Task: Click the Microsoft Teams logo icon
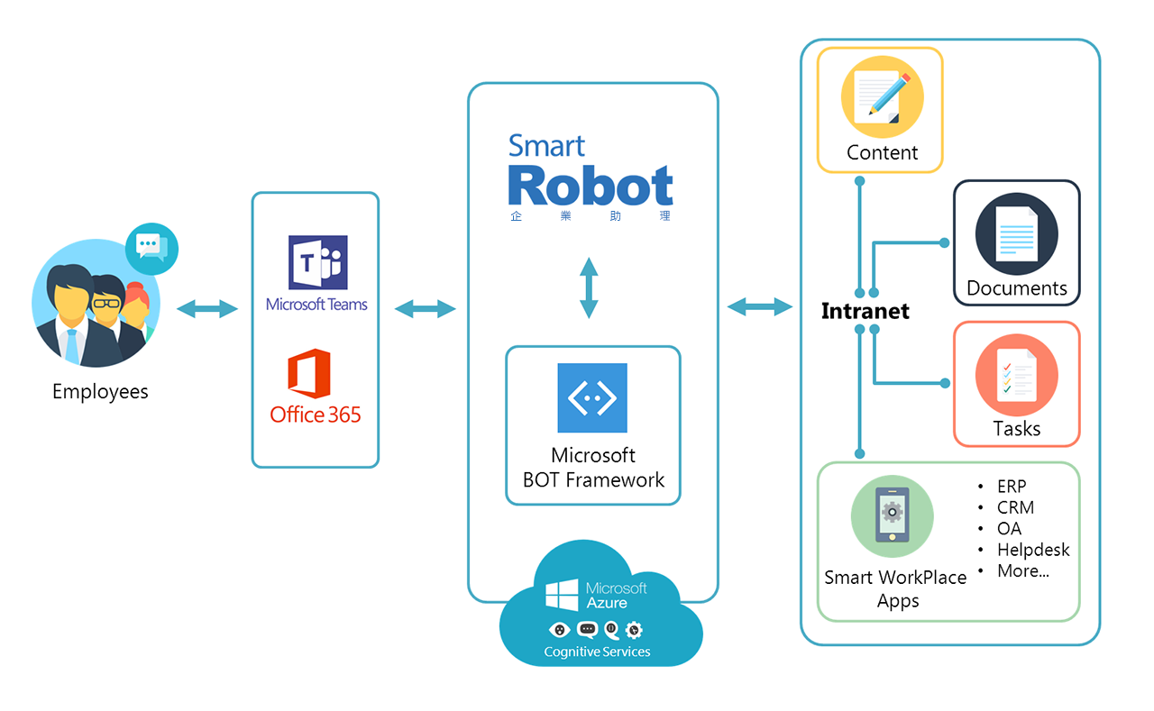[x=317, y=263]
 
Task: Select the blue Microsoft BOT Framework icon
[x=591, y=397]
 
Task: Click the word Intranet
[x=865, y=312]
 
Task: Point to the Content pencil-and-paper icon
[x=881, y=96]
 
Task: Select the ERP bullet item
[x=1011, y=487]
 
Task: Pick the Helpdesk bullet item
[x=1032, y=550]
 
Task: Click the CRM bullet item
[x=1015, y=508]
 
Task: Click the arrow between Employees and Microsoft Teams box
[x=206, y=310]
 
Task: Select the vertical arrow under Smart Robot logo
[x=589, y=287]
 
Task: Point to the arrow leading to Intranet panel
[x=759, y=307]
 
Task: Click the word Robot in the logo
[x=591, y=186]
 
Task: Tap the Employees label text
[x=100, y=392]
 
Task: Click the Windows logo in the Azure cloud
[x=561, y=595]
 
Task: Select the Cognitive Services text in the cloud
[x=597, y=652]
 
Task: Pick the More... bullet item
[x=1022, y=571]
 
